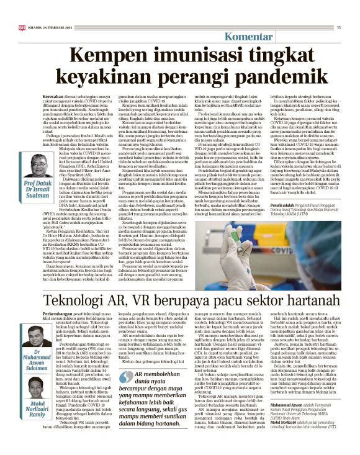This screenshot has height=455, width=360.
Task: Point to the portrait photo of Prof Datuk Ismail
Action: pos(42,164)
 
